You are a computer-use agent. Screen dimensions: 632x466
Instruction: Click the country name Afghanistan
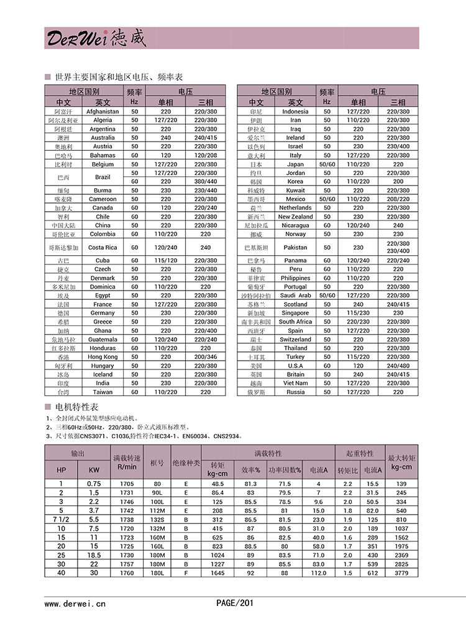[x=103, y=112]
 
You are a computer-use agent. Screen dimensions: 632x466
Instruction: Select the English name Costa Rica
[x=103, y=247]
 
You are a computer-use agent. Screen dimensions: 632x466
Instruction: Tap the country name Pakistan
[x=295, y=247]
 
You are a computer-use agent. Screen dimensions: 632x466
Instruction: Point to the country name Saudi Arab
[x=295, y=296]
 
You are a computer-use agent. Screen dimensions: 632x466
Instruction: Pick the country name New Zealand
[x=295, y=217]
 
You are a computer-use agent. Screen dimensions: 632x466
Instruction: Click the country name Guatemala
[x=103, y=340]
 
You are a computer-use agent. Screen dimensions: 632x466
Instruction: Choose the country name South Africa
[x=295, y=322]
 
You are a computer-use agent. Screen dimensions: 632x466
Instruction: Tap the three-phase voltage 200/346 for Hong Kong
[x=206, y=357]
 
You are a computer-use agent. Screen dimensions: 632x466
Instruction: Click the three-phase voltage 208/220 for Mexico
[x=398, y=199]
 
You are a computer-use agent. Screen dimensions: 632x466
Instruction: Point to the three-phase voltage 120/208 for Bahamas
[x=206, y=156]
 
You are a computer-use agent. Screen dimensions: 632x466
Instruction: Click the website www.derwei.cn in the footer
[x=75, y=603]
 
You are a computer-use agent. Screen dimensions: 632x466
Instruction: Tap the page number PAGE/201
[x=235, y=603]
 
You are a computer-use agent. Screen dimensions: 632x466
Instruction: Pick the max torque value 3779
[x=402, y=573]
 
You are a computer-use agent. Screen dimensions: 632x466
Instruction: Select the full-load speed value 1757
[x=127, y=564]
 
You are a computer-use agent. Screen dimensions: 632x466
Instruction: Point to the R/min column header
[x=127, y=466]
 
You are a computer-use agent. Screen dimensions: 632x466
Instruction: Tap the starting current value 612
[x=373, y=573]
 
